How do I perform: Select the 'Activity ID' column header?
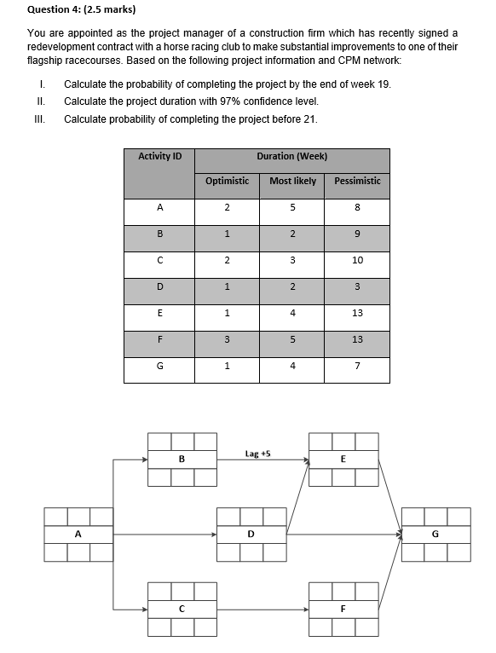pyautogui.click(x=159, y=156)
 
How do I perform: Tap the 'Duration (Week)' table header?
pyautogui.click(x=292, y=156)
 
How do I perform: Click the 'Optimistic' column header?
pyautogui.click(x=227, y=181)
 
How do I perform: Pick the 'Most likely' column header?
pyautogui.click(x=292, y=181)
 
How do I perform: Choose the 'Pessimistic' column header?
pyautogui.click(x=357, y=181)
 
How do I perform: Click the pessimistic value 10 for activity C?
pyautogui.click(x=357, y=260)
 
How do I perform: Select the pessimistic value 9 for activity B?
pyautogui.click(x=357, y=234)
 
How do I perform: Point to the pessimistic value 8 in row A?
pyautogui.click(x=357, y=207)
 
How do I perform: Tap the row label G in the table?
pyautogui.click(x=159, y=367)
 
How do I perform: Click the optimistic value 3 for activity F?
pyautogui.click(x=227, y=339)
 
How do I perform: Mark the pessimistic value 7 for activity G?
pyautogui.click(x=357, y=367)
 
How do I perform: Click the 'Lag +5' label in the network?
pyautogui.click(x=257, y=454)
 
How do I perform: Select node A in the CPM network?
pyautogui.click(x=78, y=535)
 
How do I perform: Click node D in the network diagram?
pyautogui.click(x=251, y=535)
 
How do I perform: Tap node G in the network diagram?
pyautogui.click(x=435, y=535)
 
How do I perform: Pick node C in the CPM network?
pyautogui.click(x=182, y=610)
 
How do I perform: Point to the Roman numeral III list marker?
pyautogui.click(x=36, y=118)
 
